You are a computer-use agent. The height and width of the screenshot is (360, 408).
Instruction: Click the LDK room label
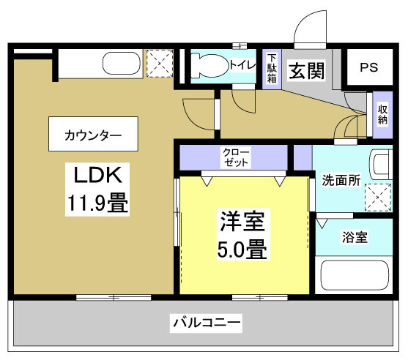click(100, 176)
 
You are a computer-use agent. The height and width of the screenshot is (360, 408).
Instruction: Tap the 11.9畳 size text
click(100, 203)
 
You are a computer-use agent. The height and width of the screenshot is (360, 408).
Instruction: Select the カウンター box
click(93, 135)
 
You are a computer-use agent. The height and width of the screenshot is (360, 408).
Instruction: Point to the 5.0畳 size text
click(241, 250)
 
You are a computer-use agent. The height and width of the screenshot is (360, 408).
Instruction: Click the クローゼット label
click(235, 156)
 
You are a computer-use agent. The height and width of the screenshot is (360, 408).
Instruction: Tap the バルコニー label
click(207, 322)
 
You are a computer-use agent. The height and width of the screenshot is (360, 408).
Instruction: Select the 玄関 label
click(306, 71)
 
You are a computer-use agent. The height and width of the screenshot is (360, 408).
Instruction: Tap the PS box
click(368, 67)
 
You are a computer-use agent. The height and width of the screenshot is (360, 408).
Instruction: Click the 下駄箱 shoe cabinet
click(272, 69)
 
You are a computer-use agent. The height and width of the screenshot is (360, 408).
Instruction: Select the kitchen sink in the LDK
click(120, 64)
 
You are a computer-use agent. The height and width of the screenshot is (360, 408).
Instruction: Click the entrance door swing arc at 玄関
click(308, 29)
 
